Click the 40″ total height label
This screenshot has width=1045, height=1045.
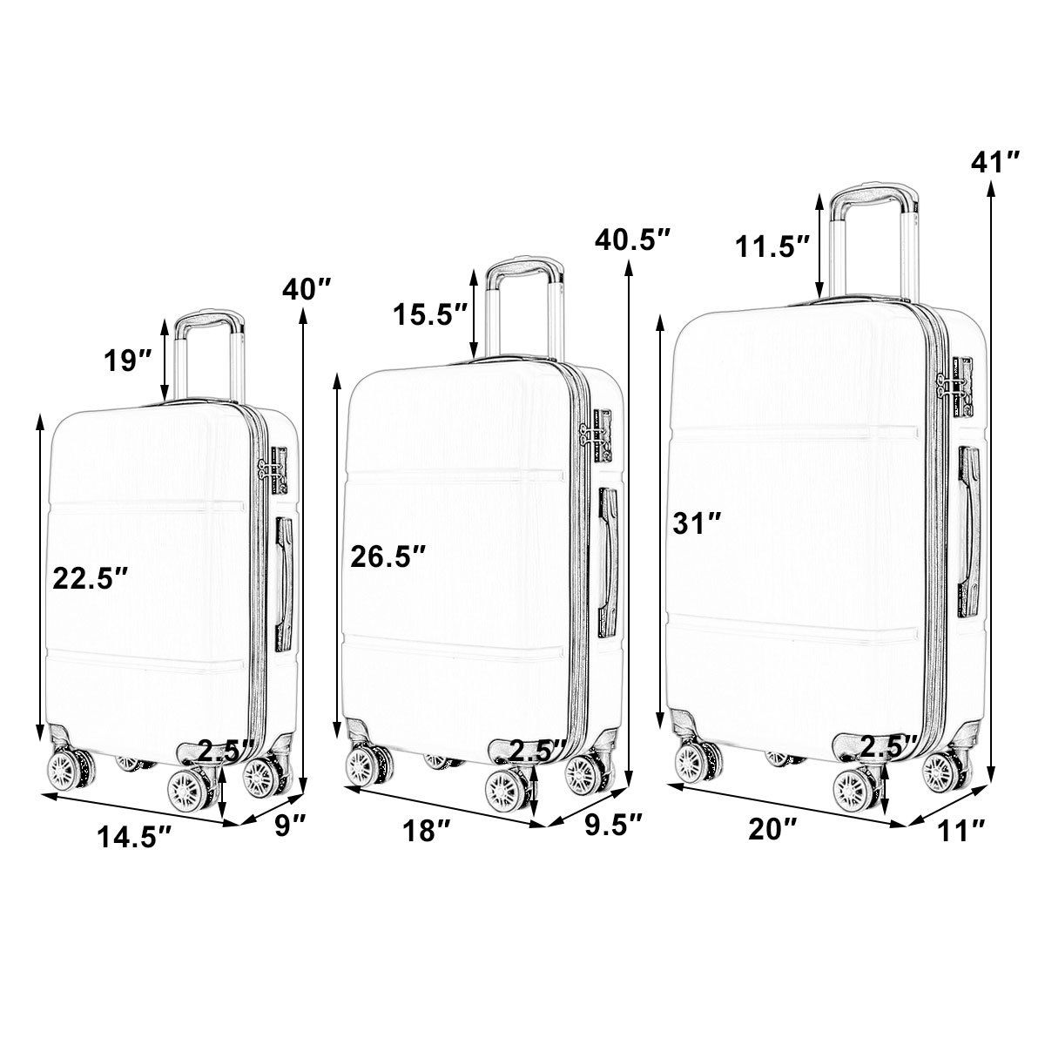click(x=306, y=291)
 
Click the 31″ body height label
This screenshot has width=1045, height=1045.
click(x=697, y=523)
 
